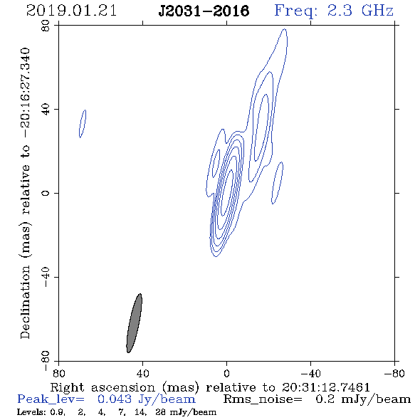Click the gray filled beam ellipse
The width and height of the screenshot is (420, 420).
(134, 323)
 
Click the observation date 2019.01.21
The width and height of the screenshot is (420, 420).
(71, 11)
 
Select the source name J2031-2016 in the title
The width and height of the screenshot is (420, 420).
(204, 11)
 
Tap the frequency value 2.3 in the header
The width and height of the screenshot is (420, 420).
(340, 11)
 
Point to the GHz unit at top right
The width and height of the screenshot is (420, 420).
(377, 11)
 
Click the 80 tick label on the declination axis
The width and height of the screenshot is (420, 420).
(46, 26)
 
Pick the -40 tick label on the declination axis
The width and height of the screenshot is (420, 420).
(46, 277)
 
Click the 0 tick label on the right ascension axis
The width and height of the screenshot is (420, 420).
(226, 374)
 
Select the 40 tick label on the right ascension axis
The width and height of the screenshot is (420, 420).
(142, 374)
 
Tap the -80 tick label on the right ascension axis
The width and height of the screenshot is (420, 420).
(394, 374)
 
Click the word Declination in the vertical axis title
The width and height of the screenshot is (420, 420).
(25, 302)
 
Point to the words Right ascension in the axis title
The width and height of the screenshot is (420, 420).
(103, 387)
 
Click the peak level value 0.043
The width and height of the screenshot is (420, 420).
(115, 399)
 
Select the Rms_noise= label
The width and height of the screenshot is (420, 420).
(263, 399)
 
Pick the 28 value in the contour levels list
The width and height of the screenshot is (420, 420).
(160, 412)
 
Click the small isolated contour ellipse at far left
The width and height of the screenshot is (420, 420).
(83, 124)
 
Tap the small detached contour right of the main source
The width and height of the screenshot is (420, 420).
(277, 183)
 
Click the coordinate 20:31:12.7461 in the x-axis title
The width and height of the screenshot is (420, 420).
(326, 387)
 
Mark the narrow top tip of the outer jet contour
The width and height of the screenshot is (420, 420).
(285, 29)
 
